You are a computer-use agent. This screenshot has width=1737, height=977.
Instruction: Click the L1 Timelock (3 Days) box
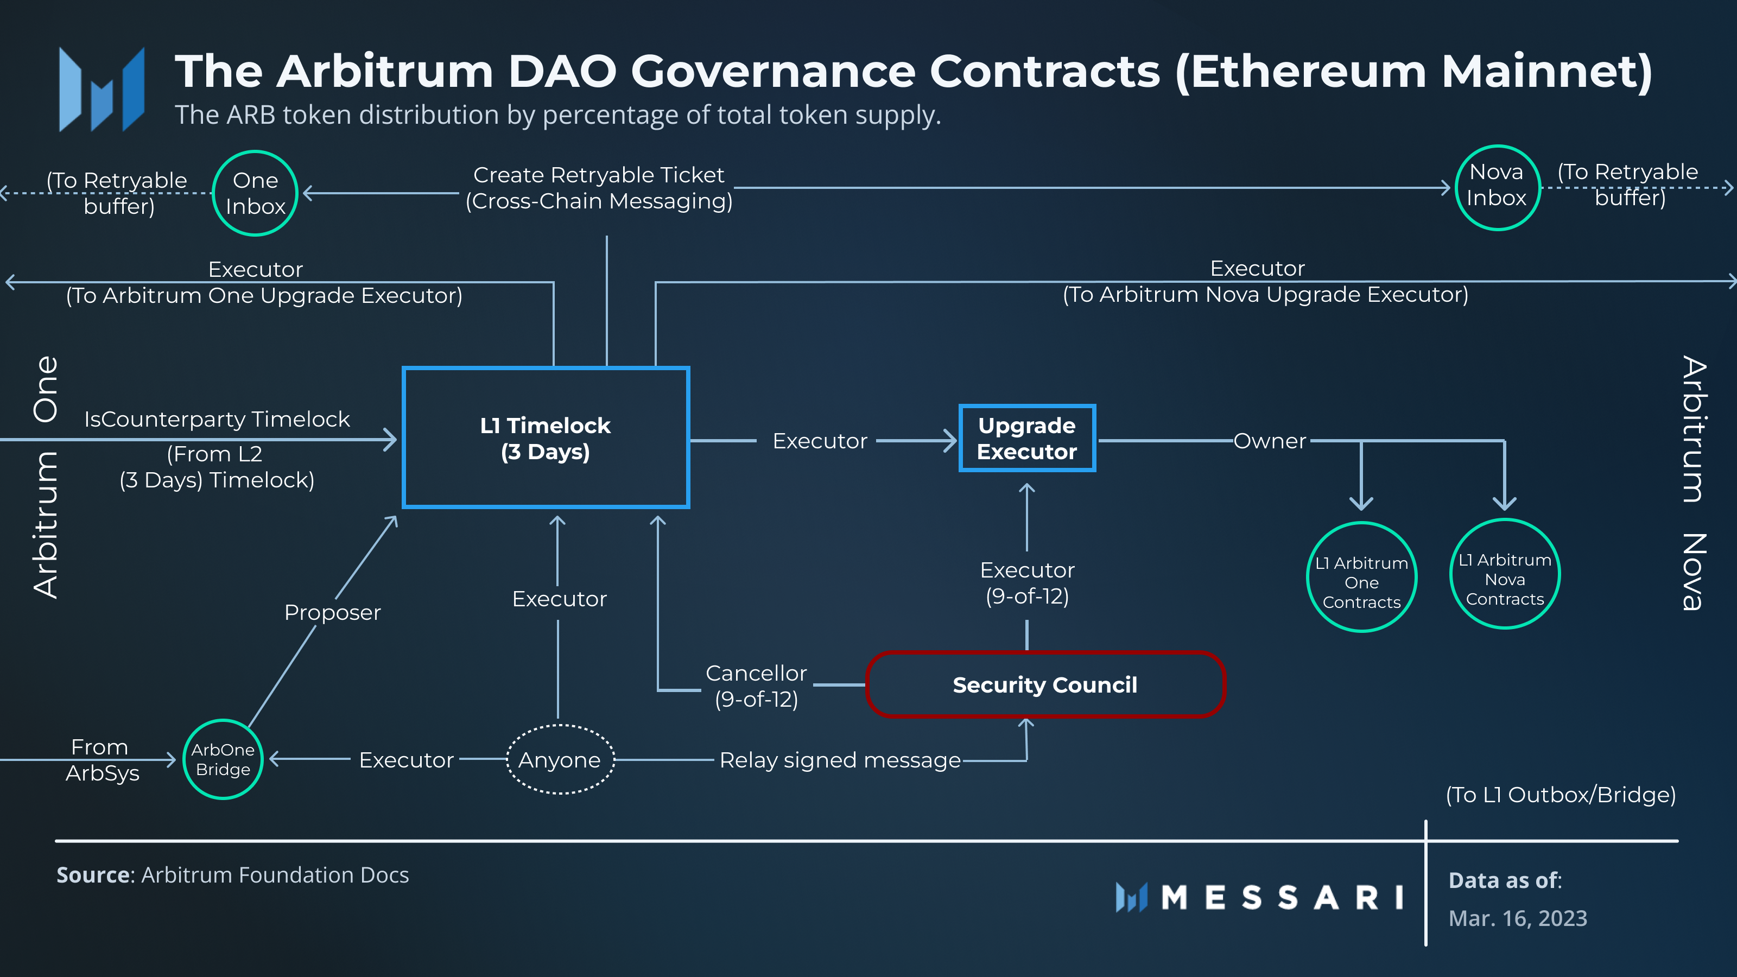click(546, 438)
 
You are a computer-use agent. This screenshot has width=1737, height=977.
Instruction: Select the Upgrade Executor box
click(1027, 438)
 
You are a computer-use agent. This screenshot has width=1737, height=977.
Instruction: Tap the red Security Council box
click(1044, 684)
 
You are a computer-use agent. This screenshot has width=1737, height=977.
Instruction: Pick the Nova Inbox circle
click(1497, 187)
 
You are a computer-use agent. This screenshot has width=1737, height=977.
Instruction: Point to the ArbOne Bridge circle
click(223, 759)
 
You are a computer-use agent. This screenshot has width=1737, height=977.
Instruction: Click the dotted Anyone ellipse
click(560, 759)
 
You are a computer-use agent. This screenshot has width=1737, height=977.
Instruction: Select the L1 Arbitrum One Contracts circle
click(1361, 578)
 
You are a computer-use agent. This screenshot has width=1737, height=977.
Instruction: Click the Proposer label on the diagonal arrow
click(332, 612)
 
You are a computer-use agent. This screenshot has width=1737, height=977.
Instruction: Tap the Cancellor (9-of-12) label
click(756, 686)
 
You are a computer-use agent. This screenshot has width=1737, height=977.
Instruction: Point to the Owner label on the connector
click(1270, 441)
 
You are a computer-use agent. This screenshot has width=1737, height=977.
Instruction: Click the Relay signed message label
click(840, 760)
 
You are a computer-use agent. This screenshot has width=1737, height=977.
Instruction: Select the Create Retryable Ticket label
click(599, 175)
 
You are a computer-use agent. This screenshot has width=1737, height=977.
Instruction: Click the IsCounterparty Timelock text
click(217, 420)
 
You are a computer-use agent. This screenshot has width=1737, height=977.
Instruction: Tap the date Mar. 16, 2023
click(1517, 918)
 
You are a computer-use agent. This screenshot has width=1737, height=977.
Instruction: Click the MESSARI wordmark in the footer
click(1281, 897)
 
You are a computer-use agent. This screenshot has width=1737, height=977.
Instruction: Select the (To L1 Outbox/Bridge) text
click(1561, 795)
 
